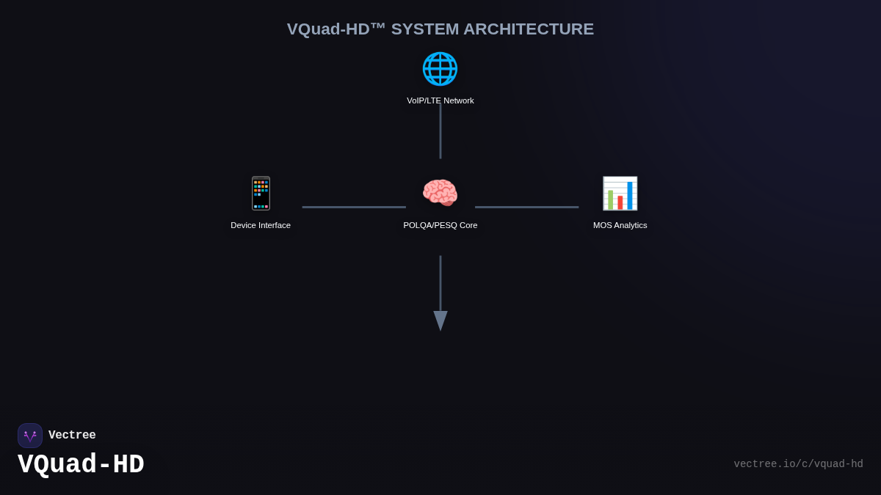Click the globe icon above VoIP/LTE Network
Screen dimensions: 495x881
(440, 68)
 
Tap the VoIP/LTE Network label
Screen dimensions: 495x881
(440, 100)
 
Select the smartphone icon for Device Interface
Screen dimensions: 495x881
(261, 194)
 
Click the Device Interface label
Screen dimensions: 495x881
(261, 225)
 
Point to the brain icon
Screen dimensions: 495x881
(440, 194)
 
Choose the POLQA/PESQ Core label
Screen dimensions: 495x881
(440, 225)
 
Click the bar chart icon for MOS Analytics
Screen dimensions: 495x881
(620, 194)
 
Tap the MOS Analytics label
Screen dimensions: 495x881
(620, 225)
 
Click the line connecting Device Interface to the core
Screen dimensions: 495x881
(354, 207)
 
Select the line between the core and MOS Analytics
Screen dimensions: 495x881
(526, 207)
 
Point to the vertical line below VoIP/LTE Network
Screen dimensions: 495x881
(440, 132)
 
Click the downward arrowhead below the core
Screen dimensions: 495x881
(440, 320)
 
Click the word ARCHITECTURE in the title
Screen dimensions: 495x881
(529, 29)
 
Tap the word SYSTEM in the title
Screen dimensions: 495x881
(424, 29)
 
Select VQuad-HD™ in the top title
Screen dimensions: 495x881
(336, 29)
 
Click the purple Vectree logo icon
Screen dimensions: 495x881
(30, 436)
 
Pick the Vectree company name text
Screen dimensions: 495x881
(72, 436)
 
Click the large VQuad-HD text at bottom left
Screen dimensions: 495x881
(81, 465)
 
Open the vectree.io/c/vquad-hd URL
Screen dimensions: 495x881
(798, 464)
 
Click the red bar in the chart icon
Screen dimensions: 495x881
(620, 202)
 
